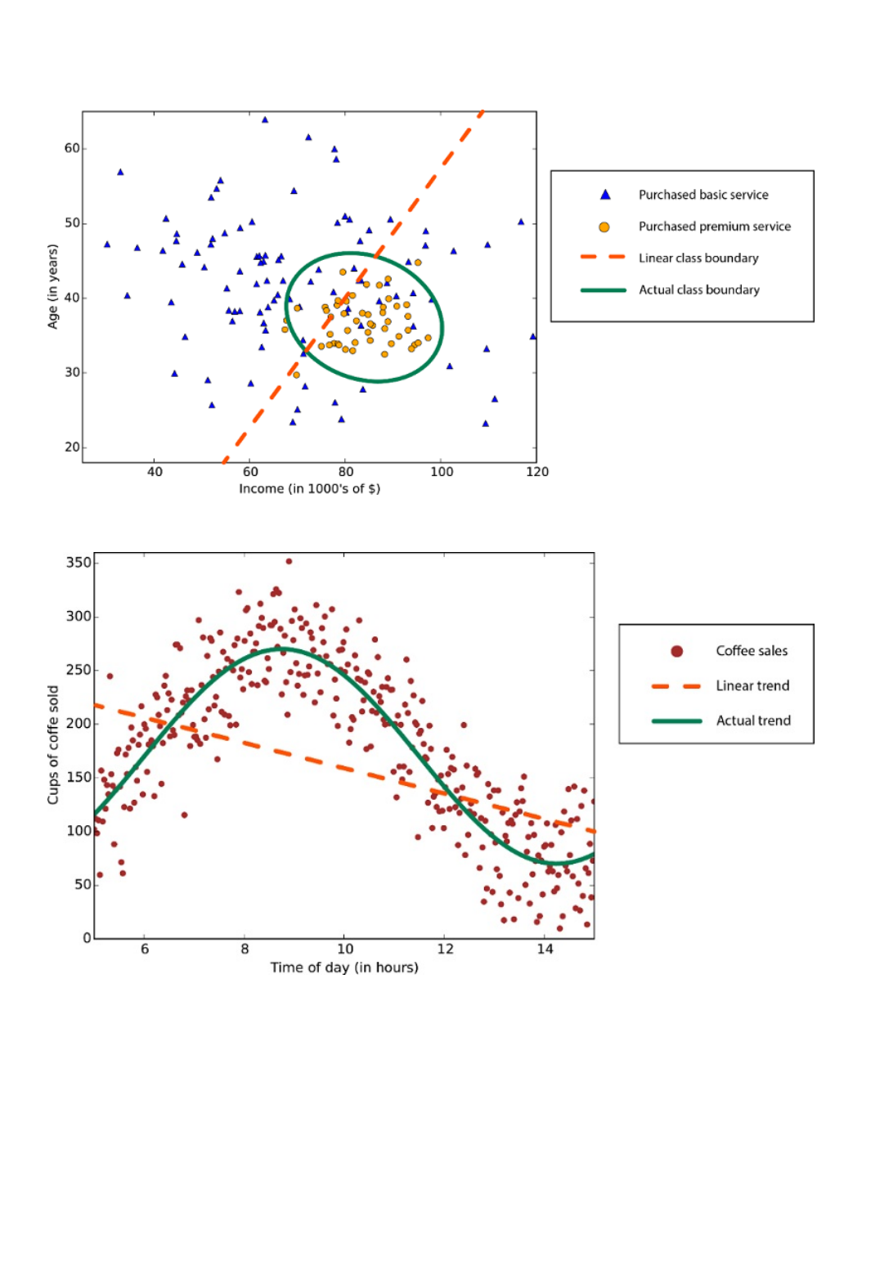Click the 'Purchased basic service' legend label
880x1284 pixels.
703,195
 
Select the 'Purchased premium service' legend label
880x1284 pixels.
714,227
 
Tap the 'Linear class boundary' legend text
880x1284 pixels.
698,258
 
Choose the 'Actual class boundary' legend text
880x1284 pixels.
698,290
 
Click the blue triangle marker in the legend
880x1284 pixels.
605,195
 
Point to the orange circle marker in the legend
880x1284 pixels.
604,227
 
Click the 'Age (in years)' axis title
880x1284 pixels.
53,286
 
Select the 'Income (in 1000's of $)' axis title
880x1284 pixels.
309,489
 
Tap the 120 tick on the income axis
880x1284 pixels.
537,472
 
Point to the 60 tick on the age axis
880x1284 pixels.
72,148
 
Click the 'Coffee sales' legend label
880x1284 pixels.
752,651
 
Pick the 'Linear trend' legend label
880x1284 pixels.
752,686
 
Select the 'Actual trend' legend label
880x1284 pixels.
753,721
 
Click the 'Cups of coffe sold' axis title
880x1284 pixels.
53,744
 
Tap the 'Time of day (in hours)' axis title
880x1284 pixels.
344,967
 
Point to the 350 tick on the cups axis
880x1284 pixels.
79,563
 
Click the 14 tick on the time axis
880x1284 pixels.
545,950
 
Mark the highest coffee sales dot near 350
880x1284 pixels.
289,561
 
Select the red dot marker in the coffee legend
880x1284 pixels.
676,651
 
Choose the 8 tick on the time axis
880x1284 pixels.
245,950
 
